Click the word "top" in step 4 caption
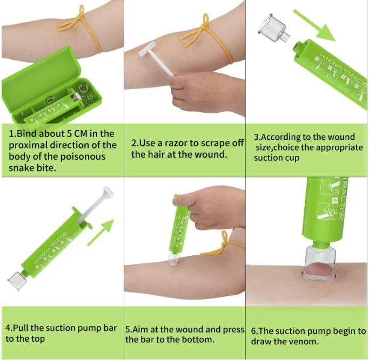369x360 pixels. tap(38, 339)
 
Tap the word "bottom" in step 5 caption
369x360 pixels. tap(197, 339)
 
